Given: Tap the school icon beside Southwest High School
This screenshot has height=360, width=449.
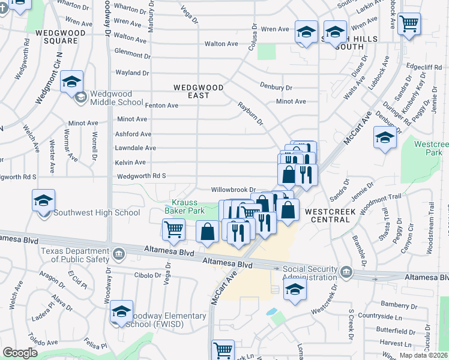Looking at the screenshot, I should tap(43, 200).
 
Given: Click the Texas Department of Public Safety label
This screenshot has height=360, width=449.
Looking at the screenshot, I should tap(76, 254).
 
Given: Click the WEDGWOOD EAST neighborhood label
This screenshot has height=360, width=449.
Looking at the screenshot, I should tap(199, 91).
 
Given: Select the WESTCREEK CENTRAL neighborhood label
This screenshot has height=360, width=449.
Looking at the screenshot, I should tap(327, 215).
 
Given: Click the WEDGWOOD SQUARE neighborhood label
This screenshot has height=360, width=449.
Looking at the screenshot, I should tap(57, 37).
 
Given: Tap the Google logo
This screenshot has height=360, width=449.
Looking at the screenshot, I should tap(20, 353).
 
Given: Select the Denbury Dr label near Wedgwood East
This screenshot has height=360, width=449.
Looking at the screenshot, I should tap(276, 87).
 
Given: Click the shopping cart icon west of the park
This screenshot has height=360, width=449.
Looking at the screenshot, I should tap(173, 230).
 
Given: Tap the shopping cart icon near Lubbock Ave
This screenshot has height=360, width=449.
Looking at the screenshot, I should tap(409, 25).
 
